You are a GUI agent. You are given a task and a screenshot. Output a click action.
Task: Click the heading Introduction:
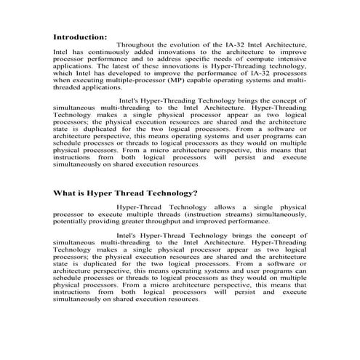[x=81, y=36]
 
